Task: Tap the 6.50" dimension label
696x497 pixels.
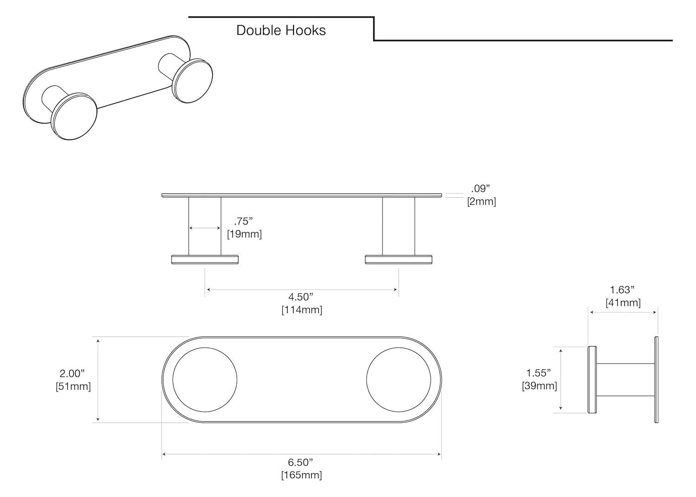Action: [301, 462]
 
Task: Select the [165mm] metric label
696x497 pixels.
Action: [301, 475]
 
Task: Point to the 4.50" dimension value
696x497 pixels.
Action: [301, 297]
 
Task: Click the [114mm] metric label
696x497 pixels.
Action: [302, 310]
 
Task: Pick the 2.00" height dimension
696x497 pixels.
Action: [72, 373]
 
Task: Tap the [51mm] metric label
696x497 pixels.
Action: [73, 386]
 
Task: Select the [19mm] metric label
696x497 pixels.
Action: [244, 234]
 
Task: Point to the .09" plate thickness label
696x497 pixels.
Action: [480, 189]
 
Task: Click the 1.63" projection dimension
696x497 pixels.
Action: [622, 290]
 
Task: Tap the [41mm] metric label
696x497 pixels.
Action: [623, 303]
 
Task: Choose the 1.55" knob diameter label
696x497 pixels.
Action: [538, 373]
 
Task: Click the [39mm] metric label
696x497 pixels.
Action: [539, 385]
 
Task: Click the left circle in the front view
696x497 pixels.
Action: [205, 379]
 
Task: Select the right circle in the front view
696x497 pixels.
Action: [398, 379]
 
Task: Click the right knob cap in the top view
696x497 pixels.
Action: [399, 259]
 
